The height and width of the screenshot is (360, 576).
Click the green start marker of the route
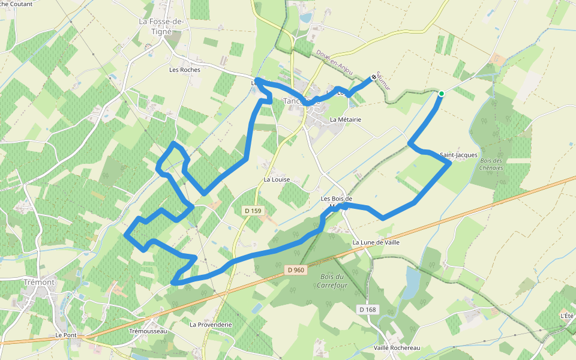tap(441, 93)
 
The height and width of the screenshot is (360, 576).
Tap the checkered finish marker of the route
tap(374, 77)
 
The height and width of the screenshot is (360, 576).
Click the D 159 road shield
tap(254, 211)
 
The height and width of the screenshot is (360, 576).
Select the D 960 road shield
tap(296, 270)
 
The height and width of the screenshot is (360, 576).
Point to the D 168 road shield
tap(368, 309)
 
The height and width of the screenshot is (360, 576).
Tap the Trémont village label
tap(40, 282)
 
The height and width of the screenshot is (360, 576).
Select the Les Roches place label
tap(184, 70)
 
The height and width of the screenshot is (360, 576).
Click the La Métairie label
tap(346, 119)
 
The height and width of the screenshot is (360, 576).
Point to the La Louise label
tap(277, 179)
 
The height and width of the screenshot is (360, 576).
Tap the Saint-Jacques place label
tap(458, 155)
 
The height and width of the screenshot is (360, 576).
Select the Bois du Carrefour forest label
tap(334, 281)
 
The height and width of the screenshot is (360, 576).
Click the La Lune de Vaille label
tap(376, 242)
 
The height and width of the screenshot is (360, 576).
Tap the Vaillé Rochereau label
tap(396, 348)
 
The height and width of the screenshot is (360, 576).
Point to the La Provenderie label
tap(211, 325)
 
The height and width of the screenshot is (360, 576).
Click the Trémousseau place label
tap(148, 331)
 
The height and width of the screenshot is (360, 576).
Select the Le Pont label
tap(67, 335)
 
